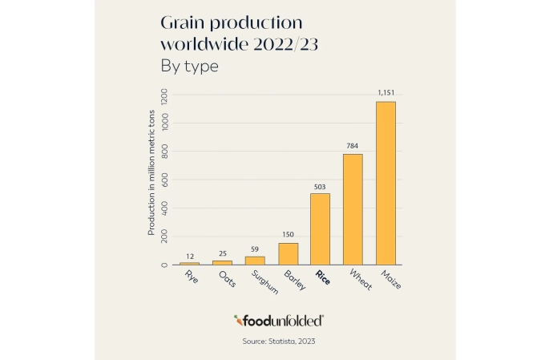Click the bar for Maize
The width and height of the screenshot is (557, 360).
385,183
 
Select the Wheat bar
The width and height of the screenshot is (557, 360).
353,208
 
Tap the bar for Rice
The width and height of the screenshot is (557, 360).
320,229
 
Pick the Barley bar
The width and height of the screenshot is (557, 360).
288,253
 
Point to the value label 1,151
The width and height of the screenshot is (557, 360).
385,94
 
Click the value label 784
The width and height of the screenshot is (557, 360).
353,146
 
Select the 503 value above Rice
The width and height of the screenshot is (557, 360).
320,186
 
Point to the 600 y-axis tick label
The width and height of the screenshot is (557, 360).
164,180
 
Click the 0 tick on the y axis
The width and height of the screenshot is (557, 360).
164,265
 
